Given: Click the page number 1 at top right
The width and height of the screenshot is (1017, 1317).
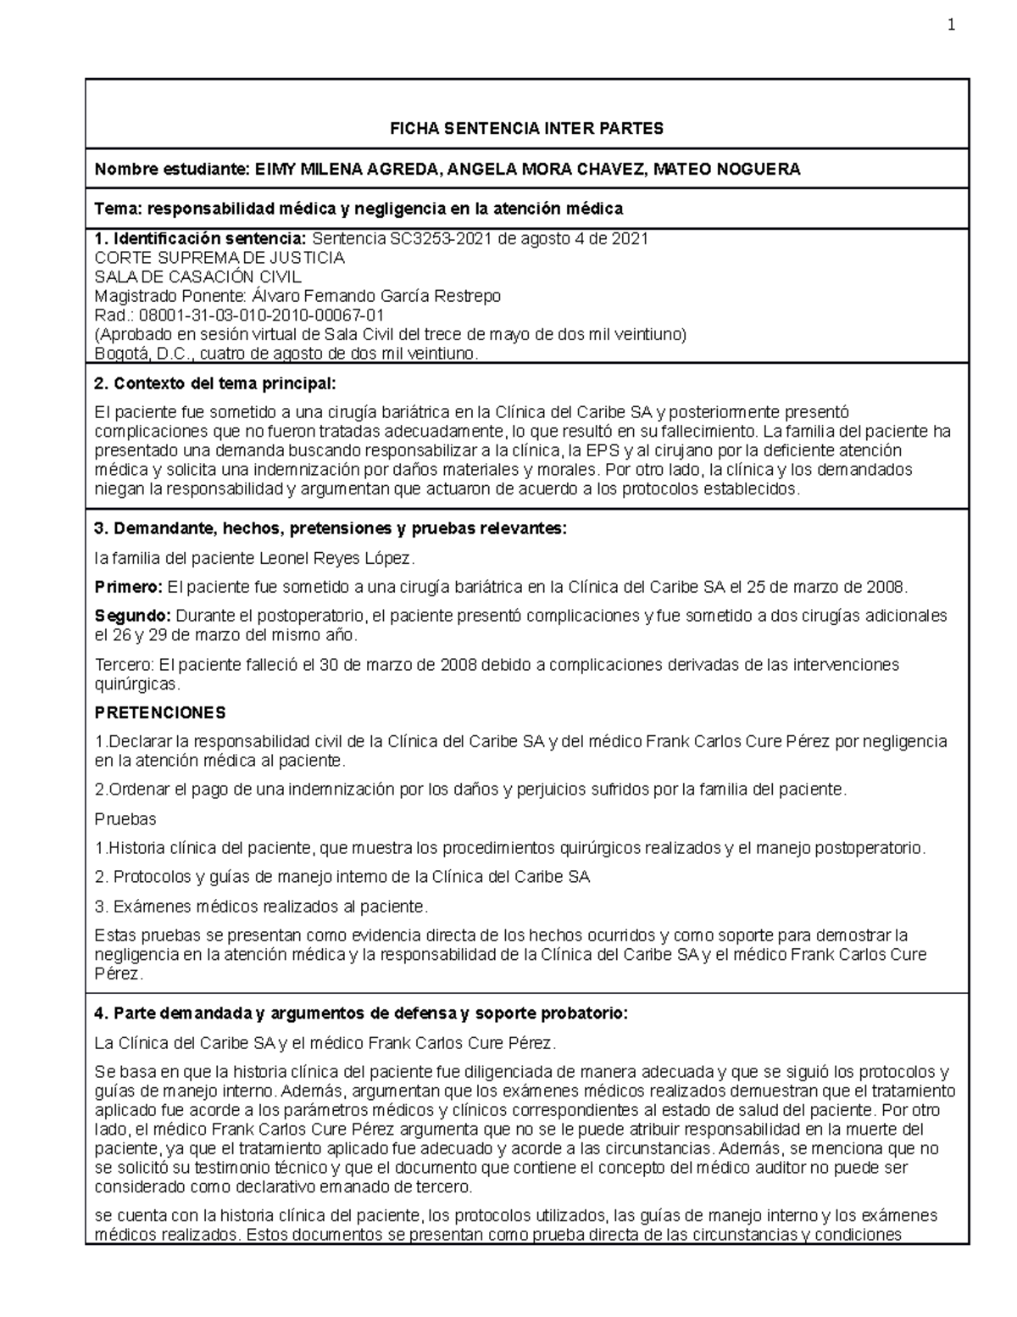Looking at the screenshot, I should pyautogui.click(x=951, y=25).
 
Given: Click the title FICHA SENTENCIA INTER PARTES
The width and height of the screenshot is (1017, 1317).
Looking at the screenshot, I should pyautogui.click(x=525, y=129).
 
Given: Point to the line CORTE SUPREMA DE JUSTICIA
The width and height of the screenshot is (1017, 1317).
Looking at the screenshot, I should pyautogui.click(x=220, y=258).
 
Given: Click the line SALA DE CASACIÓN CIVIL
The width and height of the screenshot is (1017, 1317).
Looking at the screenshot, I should pyautogui.click(x=197, y=277).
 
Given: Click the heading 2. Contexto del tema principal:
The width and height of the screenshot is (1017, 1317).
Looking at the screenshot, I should pyautogui.click(x=215, y=384).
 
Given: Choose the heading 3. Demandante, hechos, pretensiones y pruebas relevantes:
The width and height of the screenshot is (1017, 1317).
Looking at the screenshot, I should pyautogui.click(x=330, y=529).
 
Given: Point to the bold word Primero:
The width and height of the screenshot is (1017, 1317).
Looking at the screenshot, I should pyautogui.click(x=128, y=587).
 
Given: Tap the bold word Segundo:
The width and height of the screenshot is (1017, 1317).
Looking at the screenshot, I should pyautogui.click(x=132, y=616).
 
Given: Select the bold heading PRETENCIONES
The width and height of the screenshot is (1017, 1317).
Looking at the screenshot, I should pyautogui.click(x=160, y=712).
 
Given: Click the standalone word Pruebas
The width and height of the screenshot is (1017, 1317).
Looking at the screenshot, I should pyautogui.click(x=125, y=819).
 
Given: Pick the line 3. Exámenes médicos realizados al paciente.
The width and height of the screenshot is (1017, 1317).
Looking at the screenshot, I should pyautogui.click(x=261, y=907).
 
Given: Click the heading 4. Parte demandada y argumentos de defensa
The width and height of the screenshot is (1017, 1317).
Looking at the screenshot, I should pyautogui.click(x=360, y=1013).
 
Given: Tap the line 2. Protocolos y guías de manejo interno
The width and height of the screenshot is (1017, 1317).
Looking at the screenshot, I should pyautogui.click(x=342, y=877).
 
